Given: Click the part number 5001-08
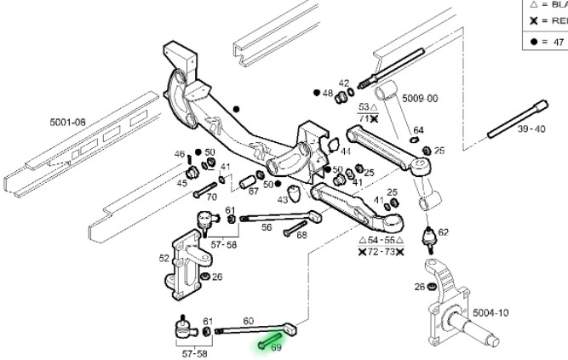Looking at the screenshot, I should [68, 123].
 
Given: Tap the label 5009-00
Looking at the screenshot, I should [420, 99].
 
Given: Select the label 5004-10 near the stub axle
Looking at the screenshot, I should [491, 313].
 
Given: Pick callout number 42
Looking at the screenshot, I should [344, 83].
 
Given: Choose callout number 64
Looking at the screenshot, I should [418, 130].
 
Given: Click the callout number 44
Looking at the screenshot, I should [345, 152].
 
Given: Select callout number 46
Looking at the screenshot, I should [180, 154].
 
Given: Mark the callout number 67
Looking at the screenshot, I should [253, 191].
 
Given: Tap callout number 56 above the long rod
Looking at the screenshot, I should [267, 228].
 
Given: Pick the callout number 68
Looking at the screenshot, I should [301, 235].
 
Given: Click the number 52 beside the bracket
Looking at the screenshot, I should [164, 258].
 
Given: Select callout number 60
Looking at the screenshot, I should [249, 321].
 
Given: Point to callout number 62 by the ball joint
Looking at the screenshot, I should [443, 231].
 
